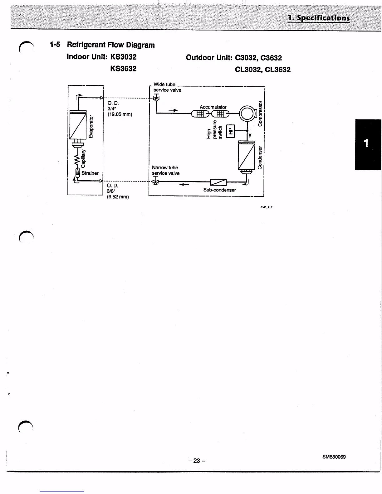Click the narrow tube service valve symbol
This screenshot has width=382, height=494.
pyautogui.click(x=155, y=182)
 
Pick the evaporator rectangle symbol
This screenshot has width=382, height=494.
pyautogui.click(x=78, y=126)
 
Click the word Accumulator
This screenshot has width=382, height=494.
pyautogui.click(x=213, y=107)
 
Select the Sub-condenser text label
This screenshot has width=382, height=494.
pyautogui.click(x=219, y=190)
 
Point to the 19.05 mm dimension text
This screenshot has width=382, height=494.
pyautogui.click(x=120, y=114)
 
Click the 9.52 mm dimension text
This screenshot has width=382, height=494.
pyautogui.click(x=118, y=197)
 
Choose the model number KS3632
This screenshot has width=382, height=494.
pyautogui.click(x=123, y=69)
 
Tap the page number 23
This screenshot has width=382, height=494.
pyautogui.click(x=197, y=460)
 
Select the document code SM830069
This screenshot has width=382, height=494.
pyautogui.click(x=334, y=457)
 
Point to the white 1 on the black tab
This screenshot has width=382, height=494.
pyautogui.click(x=366, y=143)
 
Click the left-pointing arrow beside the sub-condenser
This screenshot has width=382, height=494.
pyautogui.click(x=184, y=184)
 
